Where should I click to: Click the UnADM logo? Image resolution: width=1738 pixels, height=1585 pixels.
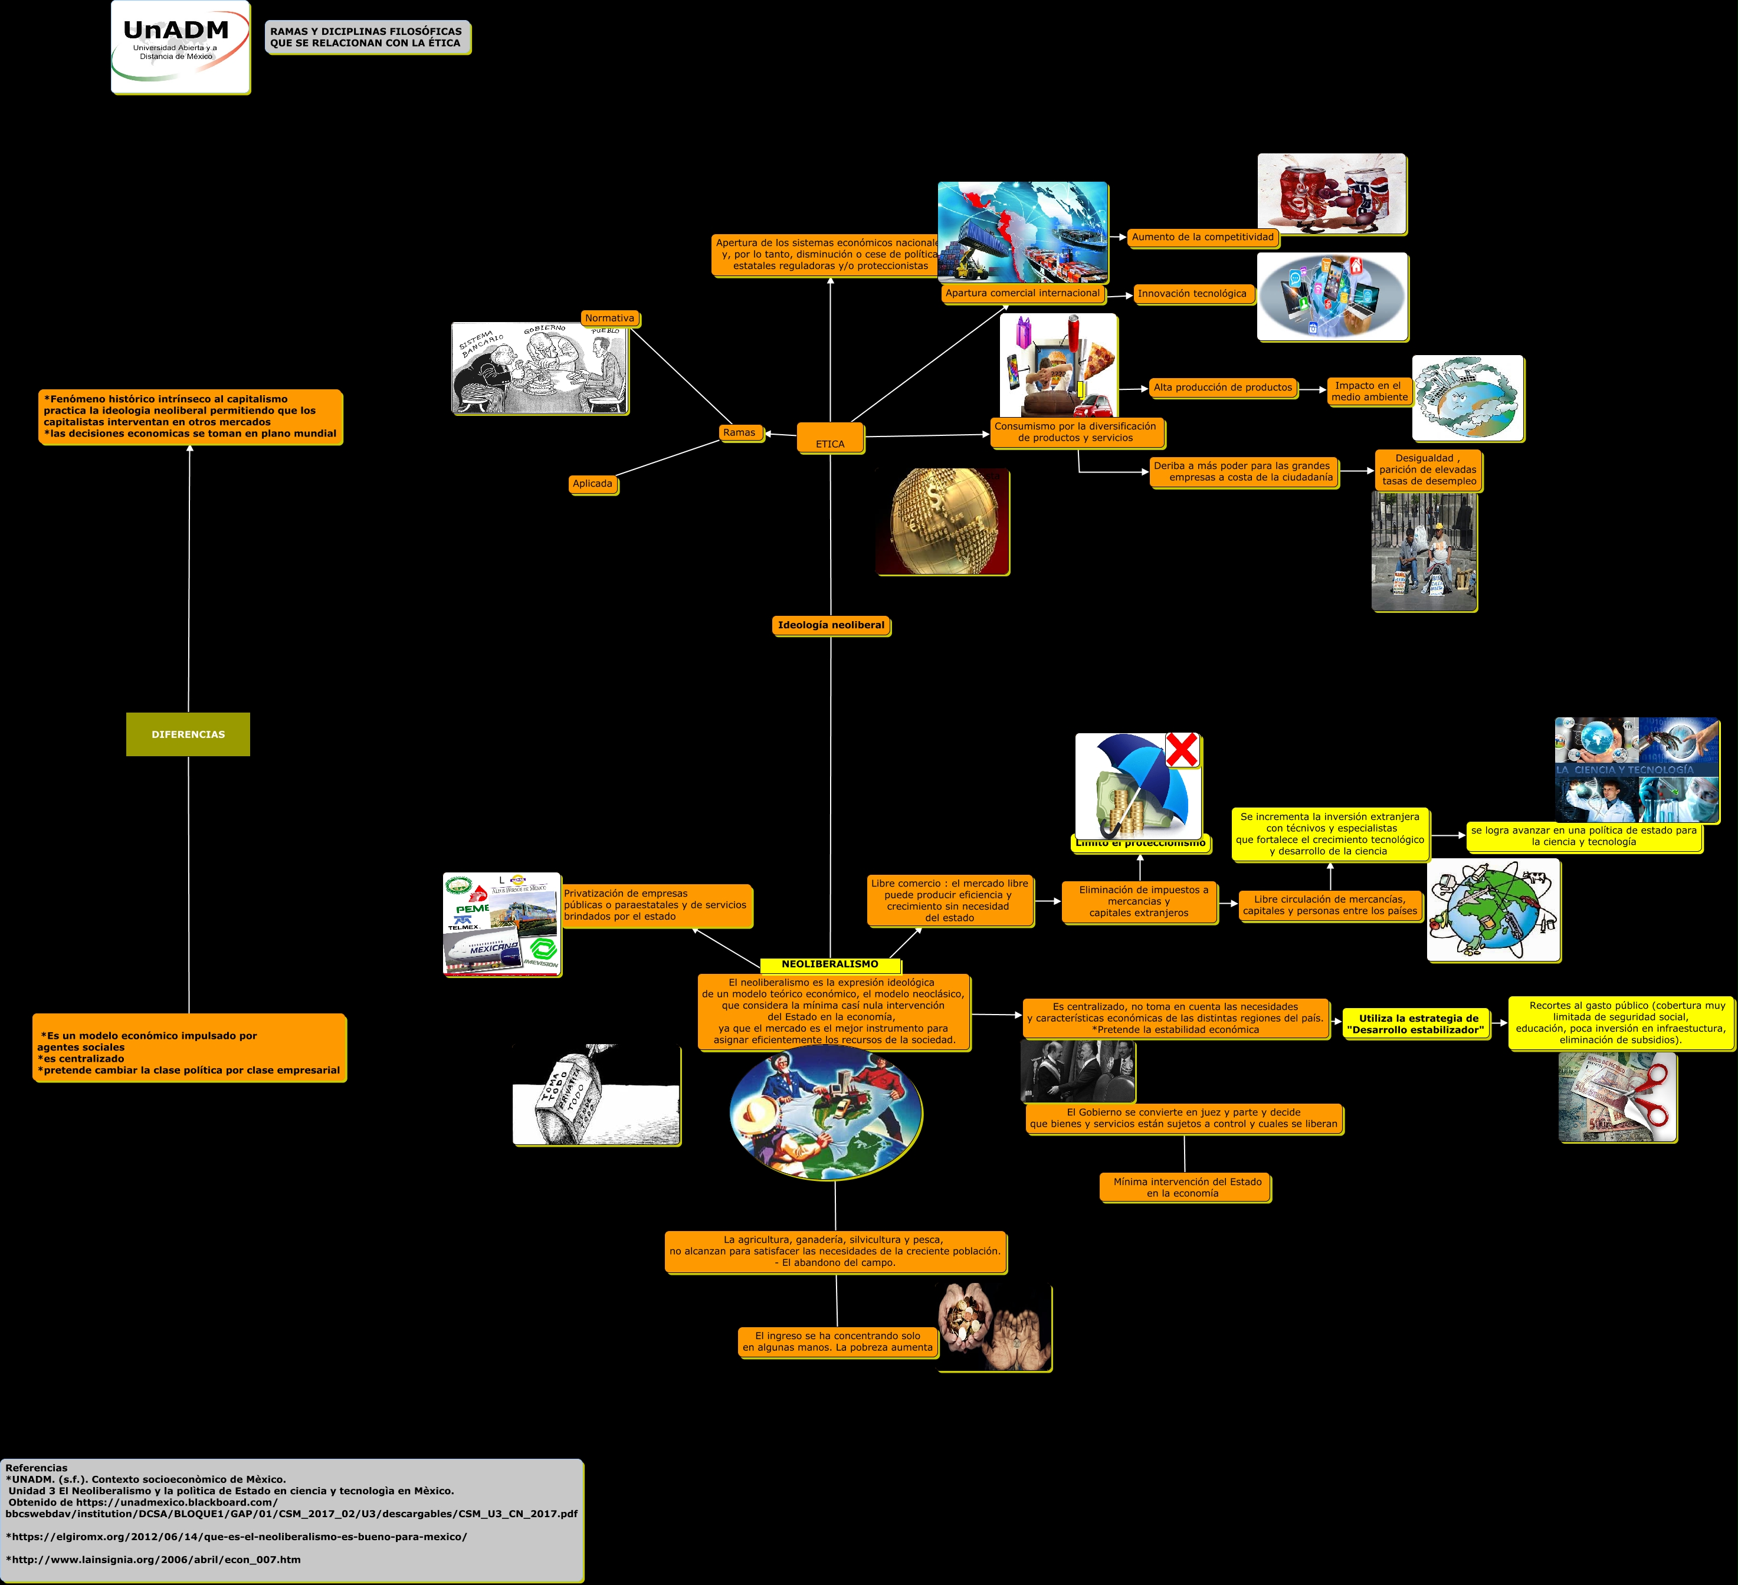[180, 47]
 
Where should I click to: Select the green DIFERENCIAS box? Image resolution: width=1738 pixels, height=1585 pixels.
[188, 734]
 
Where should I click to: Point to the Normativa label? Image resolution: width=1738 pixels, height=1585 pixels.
[609, 318]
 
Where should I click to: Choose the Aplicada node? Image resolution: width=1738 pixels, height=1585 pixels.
[592, 484]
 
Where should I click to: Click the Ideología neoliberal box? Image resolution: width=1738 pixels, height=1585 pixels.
[831, 625]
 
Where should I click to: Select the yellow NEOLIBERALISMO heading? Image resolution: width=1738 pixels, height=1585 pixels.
[829, 964]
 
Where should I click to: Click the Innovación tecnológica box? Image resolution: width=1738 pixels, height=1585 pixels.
[1192, 294]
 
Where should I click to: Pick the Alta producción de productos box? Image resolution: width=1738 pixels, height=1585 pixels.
[1222, 388]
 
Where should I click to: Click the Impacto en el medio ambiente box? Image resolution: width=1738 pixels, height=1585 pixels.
[1368, 391]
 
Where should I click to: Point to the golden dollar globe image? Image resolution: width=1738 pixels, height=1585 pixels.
[942, 521]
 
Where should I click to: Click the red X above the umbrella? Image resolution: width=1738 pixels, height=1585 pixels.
[1182, 750]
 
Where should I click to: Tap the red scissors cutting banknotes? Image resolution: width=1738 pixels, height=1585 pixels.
[1647, 1095]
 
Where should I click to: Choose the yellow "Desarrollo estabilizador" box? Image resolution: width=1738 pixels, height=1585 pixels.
[1417, 1024]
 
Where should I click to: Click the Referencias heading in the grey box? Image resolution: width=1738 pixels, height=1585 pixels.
[36, 1468]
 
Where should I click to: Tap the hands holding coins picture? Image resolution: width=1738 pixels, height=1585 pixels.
[994, 1327]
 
